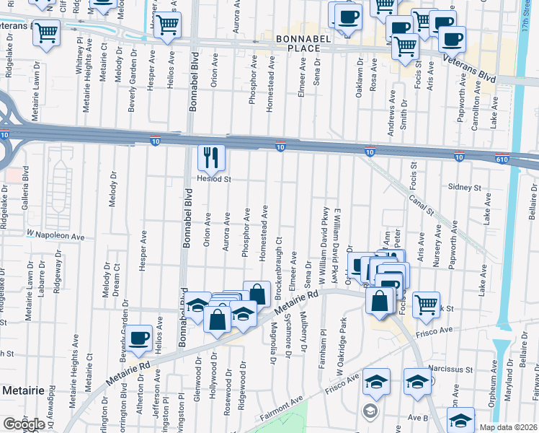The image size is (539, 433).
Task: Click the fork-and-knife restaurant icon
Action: click(x=211, y=157)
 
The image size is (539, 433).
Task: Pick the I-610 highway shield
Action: click(x=502, y=158)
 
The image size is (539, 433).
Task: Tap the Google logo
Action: click(x=24, y=424)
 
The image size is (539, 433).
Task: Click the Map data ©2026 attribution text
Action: click(x=508, y=427)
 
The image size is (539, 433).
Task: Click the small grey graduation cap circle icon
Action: click(x=370, y=411)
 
